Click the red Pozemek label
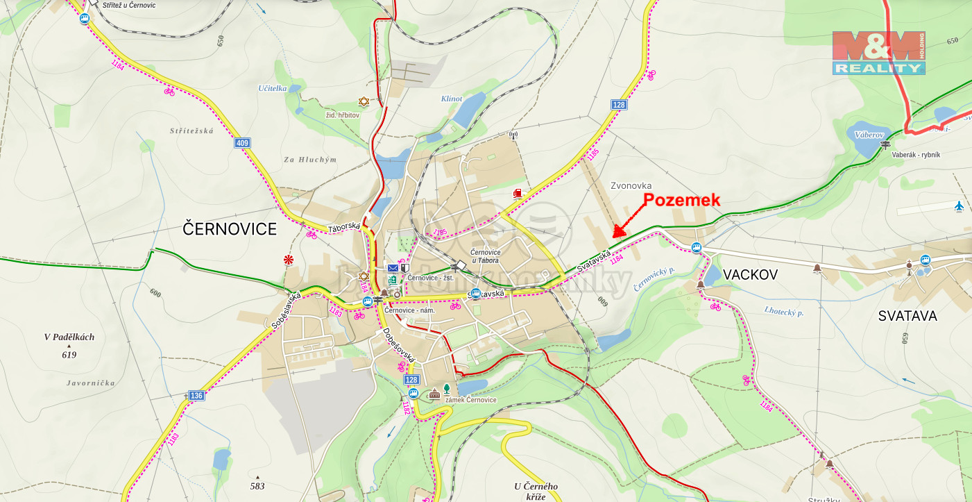coord(682,200)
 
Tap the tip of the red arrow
coord(614,237)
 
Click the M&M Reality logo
coord(878,53)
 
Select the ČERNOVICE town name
coord(230,229)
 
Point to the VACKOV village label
coord(750,275)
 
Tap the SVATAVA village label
coord(907,316)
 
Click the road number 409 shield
coord(242,143)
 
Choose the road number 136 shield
coord(196,396)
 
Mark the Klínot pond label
coord(451,99)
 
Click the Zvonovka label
coord(631,186)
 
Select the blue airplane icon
coord(959,206)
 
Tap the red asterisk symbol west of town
coord(288,260)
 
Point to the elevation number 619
coord(69,355)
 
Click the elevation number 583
coord(257,487)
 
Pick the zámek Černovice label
coord(470,400)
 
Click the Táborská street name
coord(343,227)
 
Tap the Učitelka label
coord(272,88)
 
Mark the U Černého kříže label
coord(536,491)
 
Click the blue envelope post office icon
coord(393,268)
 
